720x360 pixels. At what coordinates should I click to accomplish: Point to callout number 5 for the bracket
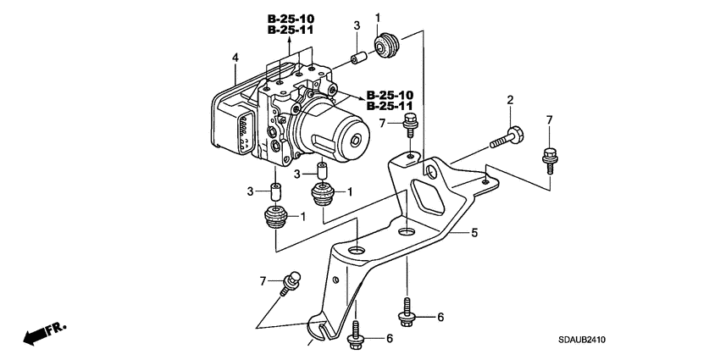coord(475,231)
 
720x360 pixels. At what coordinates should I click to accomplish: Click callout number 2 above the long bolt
coord(511,101)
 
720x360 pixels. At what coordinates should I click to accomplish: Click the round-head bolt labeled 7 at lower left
coord(291,280)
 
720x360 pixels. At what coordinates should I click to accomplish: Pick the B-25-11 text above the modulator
coord(289,30)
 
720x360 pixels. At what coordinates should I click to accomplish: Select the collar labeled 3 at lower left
coord(275,190)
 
